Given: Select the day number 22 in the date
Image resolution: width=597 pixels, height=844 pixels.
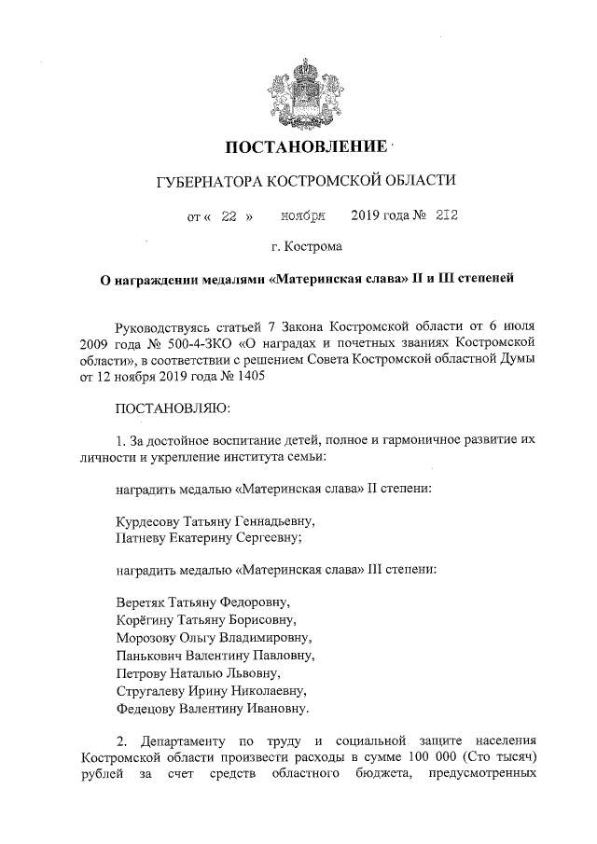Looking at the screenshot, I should tap(229, 217).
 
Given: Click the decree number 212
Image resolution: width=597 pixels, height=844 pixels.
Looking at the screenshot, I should tap(445, 217).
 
